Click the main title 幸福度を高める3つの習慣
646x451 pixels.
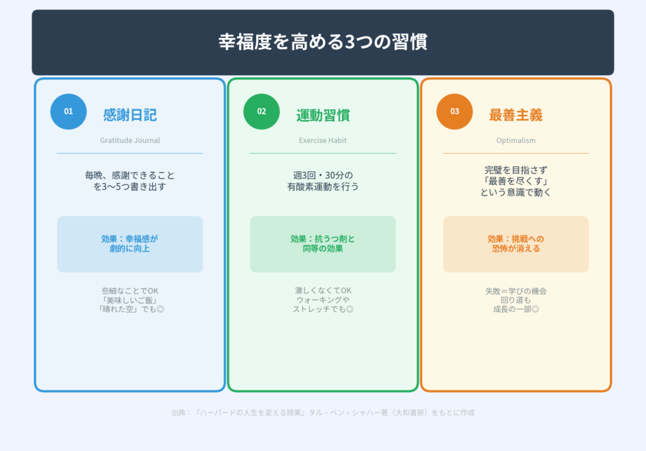(322, 42)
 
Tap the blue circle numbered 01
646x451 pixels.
(68, 111)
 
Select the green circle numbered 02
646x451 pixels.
(261, 111)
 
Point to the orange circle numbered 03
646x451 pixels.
(454, 111)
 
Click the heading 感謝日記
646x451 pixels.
(130, 115)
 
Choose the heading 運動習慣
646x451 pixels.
(323, 115)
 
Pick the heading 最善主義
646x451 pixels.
(516, 115)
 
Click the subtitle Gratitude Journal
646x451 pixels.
(130, 140)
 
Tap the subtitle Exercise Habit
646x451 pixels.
(323, 140)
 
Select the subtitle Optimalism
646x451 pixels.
(516, 140)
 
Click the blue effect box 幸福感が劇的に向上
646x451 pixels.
(130, 244)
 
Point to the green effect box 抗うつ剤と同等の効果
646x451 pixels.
(323, 244)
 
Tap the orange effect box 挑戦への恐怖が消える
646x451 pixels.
(516, 244)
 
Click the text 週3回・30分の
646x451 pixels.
(323, 175)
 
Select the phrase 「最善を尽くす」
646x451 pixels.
(516, 181)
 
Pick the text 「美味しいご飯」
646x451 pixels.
(130, 300)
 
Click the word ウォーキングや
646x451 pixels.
(323, 300)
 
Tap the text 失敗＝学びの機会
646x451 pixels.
(516, 291)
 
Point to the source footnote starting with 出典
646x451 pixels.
(322, 412)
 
